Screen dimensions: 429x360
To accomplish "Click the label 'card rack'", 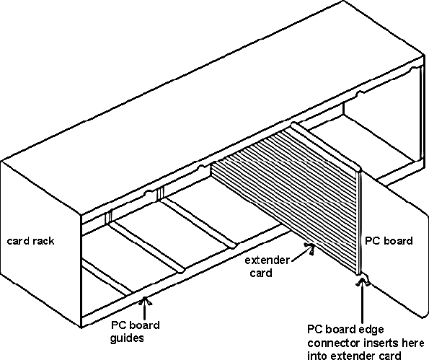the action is coord(30,241).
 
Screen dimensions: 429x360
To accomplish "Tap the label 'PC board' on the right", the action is coord(389,241).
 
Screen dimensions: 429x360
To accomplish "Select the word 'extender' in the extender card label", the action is coord(267,260).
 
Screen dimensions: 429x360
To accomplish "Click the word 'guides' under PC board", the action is coord(127,338).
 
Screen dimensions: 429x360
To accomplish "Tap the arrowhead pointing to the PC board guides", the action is coord(145,301).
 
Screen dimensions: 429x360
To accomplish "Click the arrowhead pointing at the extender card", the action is coord(310,247).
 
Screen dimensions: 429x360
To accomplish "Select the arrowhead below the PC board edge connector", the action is coord(363,281).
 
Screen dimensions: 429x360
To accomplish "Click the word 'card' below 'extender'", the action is coord(261,273).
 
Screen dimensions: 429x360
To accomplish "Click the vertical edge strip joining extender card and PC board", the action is coord(359,222).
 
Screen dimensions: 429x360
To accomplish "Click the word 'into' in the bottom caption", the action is coord(317,356).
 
